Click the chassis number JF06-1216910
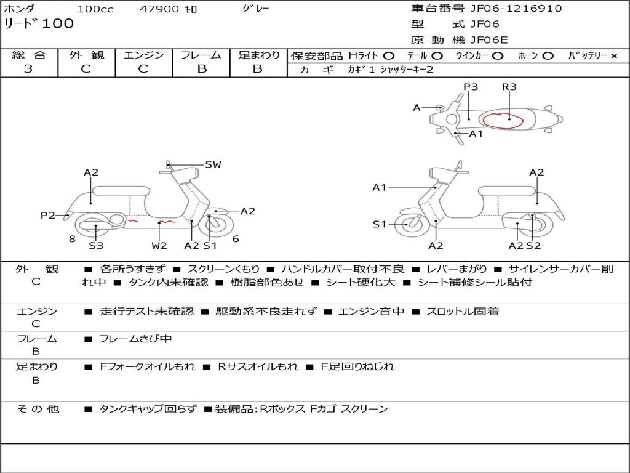(516, 9)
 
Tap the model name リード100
(39, 23)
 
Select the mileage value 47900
(159, 9)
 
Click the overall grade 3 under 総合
(28, 69)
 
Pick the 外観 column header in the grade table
(86, 55)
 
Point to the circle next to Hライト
(389, 56)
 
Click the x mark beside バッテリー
(614, 56)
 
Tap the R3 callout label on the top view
(509, 86)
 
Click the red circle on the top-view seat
(502, 121)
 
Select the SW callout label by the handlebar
(213, 164)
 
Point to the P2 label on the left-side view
(48, 215)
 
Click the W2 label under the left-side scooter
(159, 245)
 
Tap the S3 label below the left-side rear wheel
(96, 245)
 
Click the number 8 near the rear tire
(73, 239)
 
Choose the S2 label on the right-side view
(533, 245)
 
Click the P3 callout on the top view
(471, 86)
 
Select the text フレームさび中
(135, 339)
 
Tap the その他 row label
(38, 409)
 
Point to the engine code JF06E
(489, 40)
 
